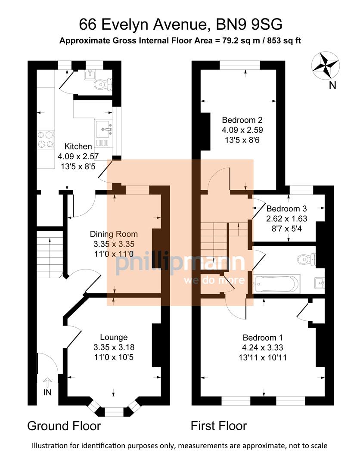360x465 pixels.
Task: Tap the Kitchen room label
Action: coord(78,146)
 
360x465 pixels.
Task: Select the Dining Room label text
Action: coord(114,234)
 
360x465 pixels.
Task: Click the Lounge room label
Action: coord(114,337)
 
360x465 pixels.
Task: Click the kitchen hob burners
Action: coord(45,139)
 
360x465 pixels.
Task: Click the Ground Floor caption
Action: coord(64,426)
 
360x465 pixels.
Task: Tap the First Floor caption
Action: coord(219,426)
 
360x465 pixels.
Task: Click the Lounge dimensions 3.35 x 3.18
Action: coord(114,347)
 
